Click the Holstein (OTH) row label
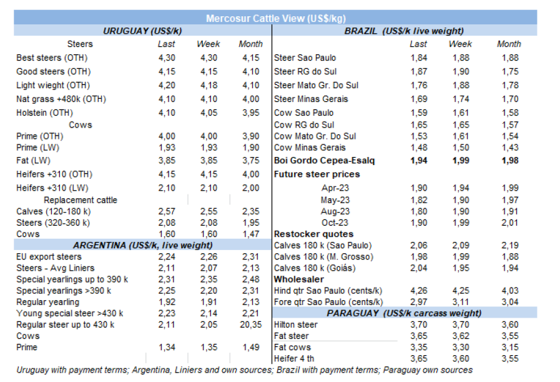tap(44, 113)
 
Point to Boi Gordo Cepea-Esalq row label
tap(325, 161)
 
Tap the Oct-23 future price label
tap(335, 223)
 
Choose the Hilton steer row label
tap(296, 324)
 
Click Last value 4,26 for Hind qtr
tap(419, 290)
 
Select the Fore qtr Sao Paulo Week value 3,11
tap(460, 302)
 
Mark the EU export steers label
tap(49, 256)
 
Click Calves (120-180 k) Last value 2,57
tap(167, 211)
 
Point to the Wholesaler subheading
tap(298, 279)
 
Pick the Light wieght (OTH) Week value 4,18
tap(210, 85)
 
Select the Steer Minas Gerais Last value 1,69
tap(419, 99)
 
